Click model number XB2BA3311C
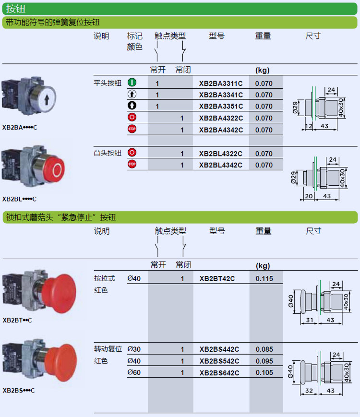[x=221, y=83]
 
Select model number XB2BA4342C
[x=221, y=130]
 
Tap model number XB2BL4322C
[x=221, y=154]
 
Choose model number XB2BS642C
[x=219, y=373]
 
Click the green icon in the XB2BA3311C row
[x=132, y=83]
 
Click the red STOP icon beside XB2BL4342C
[x=132, y=165]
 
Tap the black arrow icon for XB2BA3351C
[x=132, y=106]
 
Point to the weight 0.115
[x=264, y=278]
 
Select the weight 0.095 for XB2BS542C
[x=264, y=361]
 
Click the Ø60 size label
[x=134, y=373]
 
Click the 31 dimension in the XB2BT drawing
[x=311, y=320]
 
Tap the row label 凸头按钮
[x=108, y=153]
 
